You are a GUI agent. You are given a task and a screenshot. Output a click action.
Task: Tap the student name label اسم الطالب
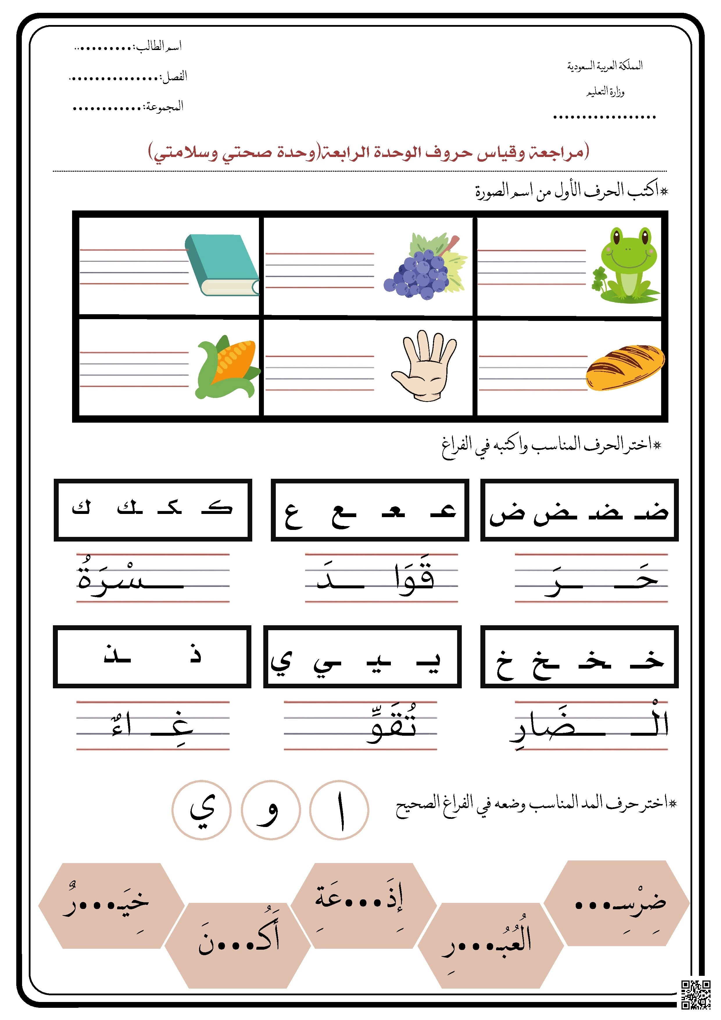coord(159,46)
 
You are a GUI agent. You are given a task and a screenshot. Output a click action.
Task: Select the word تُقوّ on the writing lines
coord(392,725)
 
